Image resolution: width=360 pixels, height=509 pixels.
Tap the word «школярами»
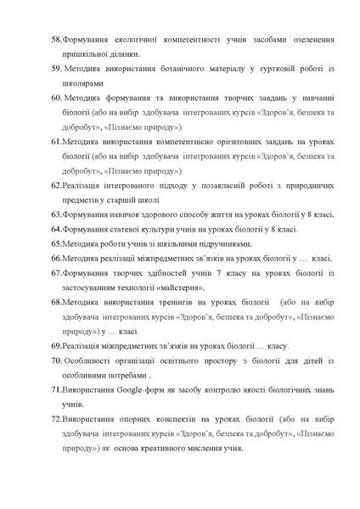point(87,84)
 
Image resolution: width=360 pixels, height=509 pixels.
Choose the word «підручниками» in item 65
point(201,244)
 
